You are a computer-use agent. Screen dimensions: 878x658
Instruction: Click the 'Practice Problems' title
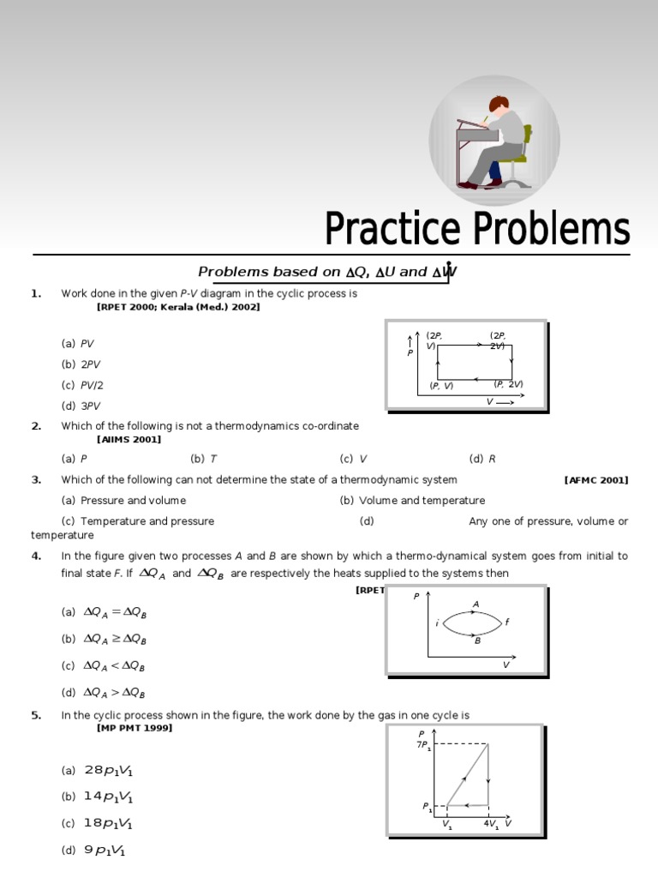point(476,230)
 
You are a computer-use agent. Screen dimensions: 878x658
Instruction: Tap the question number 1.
point(36,293)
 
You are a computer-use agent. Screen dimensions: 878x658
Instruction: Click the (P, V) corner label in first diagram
point(441,386)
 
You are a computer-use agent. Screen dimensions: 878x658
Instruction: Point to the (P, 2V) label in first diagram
point(508,384)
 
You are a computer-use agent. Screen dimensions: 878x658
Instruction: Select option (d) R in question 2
point(482,459)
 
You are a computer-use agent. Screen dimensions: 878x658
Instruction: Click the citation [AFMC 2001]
point(595,480)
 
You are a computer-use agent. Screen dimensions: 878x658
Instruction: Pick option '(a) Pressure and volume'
point(123,501)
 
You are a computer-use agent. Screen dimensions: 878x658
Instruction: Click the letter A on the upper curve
point(476,604)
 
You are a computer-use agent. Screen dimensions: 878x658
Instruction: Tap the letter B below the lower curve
point(477,640)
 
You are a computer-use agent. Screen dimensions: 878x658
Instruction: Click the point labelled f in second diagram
point(507,622)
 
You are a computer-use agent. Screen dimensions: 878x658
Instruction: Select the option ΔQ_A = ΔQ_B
point(110,612)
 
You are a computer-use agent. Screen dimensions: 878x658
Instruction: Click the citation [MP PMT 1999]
point(135,728)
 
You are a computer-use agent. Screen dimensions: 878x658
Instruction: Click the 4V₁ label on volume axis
point(491,825)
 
